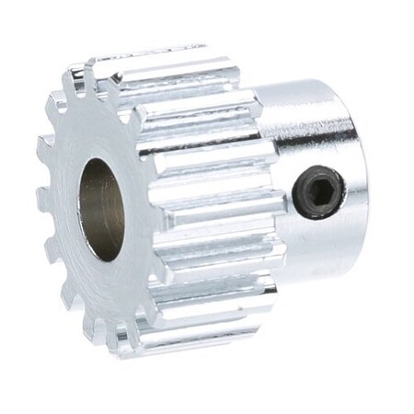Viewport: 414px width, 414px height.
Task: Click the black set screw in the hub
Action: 319,191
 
